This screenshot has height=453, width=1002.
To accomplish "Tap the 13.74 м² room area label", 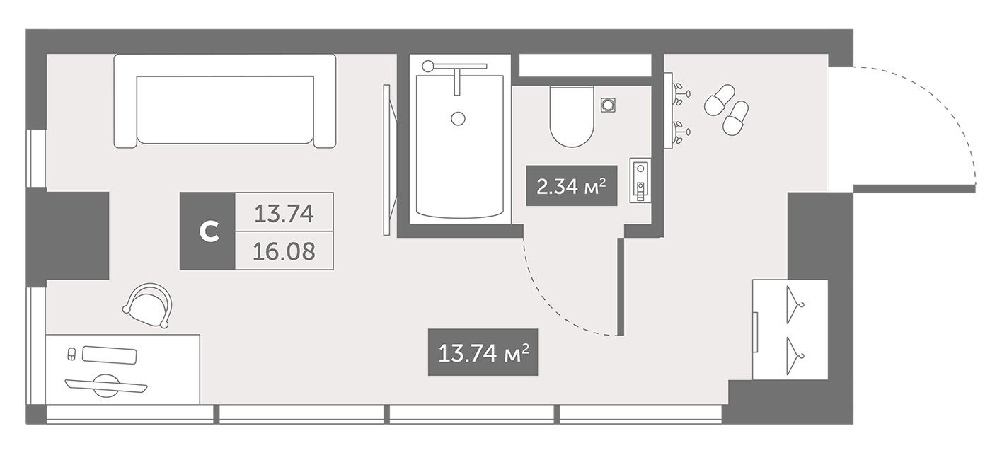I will pyautogui.click(x=483, y=352).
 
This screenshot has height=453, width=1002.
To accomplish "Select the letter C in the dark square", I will pyautogui.click(x=207, y=231).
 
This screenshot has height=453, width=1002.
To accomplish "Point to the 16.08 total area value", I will pyautogui.click(x=284, y=251).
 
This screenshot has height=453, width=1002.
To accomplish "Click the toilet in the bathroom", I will pyautogui.click(x=571, y=117).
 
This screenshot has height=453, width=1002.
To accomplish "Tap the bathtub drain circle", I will pyautogui.click(x=459, y=119).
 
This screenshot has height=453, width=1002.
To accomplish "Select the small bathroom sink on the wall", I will pyautogui.click(x=640, y=180).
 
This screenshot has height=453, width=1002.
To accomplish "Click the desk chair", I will pyautogui.click(x=149, y=304).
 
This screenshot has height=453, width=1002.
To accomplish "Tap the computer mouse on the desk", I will pyautogui.click(x=71, y=354).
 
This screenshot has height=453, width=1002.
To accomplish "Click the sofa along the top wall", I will pyautogui.click(x=225, y=101).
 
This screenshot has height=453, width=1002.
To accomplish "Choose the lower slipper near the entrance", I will pyautogui.click(x=736, y=117).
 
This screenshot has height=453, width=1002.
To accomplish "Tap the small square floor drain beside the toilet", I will pyautogui.click(x=607, y=105).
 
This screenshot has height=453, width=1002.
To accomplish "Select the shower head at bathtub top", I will pyautogui.click(x=428, y=66).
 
